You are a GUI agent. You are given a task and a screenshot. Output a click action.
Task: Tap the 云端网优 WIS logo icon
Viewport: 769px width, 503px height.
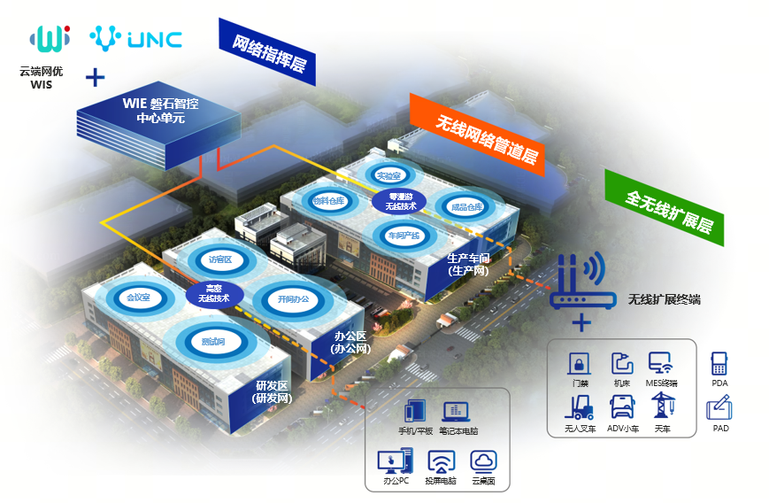pos(50,38)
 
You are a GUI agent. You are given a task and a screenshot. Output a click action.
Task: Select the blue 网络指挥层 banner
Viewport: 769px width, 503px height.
pos(266,51)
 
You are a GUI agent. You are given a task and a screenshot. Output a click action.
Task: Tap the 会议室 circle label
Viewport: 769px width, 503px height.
pos(139,298)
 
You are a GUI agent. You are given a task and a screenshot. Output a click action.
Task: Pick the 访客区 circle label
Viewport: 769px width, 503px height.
pos(219,259)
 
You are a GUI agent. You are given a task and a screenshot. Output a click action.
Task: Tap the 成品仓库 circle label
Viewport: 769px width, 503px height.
pos(466,207)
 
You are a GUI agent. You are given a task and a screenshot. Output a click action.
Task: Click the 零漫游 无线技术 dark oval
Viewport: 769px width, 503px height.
pos(399,201)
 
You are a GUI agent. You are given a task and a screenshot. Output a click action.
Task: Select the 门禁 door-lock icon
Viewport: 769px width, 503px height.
pos(579,364)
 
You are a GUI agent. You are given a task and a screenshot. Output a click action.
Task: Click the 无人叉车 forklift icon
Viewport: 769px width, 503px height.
pos(579,406)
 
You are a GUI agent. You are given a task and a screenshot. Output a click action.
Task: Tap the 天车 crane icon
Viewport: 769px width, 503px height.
pos(662,406)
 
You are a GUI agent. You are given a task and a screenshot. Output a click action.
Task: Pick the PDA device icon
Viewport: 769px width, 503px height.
pos(719,364)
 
